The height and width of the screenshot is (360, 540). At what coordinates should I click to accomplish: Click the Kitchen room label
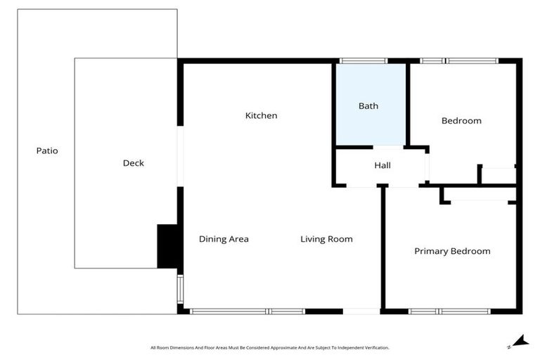pos(261,115)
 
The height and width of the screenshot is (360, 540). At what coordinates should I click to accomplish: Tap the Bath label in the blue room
pos(368,106)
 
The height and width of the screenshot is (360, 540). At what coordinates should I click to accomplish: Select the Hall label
pos(382,165)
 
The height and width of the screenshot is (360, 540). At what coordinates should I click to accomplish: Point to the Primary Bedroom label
pos(452,251)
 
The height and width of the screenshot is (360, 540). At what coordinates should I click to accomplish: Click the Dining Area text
pos(224,239)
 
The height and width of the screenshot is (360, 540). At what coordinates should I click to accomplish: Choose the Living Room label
pos(326,239)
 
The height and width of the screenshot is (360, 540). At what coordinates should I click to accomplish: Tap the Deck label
pos(133,163)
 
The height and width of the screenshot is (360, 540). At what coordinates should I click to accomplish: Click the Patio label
pos(47,150)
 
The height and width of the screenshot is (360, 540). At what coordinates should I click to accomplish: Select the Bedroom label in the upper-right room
pos(461,121)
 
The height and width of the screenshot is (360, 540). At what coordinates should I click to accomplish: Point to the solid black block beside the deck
pos(167,246)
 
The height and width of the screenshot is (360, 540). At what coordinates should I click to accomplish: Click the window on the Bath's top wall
pos(362,61)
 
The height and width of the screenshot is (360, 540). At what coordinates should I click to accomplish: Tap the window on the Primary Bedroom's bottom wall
pos(450,311)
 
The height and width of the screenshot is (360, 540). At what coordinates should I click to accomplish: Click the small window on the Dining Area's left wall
pos(180,288)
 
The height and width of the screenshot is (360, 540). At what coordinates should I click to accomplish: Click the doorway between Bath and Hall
pos(387,148)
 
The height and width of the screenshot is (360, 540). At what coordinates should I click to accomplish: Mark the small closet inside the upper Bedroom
pos(499,175)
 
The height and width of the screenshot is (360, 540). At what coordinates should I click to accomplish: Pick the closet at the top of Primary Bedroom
pos(479,194)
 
